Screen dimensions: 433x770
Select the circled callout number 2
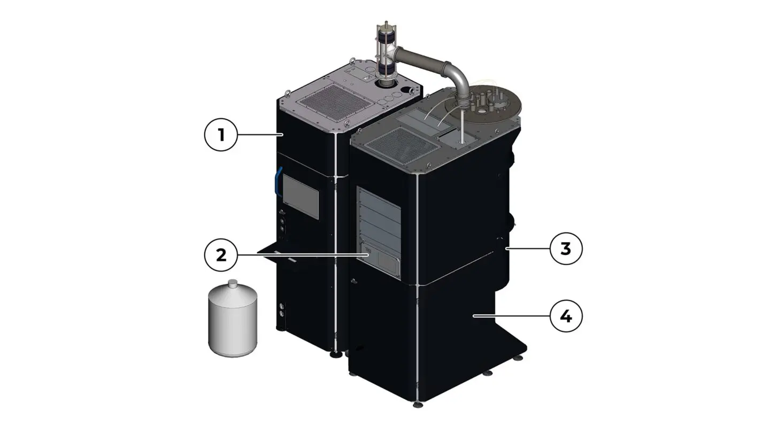tap(221, 256)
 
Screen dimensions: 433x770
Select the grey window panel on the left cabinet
tap(301, 196)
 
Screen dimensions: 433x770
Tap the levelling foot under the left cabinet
tap(335, 353)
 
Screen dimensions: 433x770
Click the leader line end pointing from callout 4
tap(474, 316)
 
